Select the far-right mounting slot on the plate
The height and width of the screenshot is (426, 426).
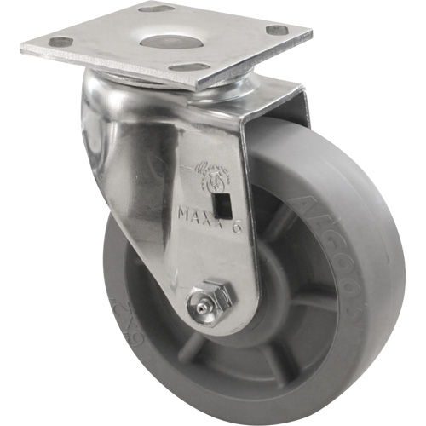[276, 30]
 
